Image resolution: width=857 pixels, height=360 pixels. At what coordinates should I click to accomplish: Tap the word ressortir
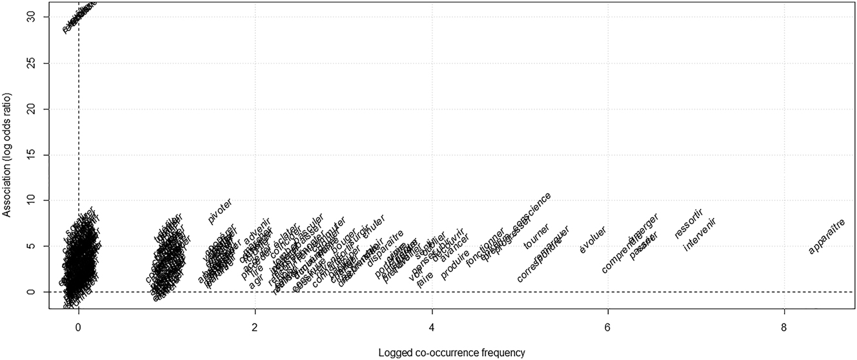coord(688,223)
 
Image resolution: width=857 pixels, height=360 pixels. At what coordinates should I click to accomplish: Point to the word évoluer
coord(592,239)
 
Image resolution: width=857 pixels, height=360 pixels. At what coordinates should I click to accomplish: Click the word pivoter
coord(220,212)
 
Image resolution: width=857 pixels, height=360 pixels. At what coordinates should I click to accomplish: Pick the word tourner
coord(537,236)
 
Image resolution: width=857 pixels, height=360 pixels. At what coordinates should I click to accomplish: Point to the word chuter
coord(374,227)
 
